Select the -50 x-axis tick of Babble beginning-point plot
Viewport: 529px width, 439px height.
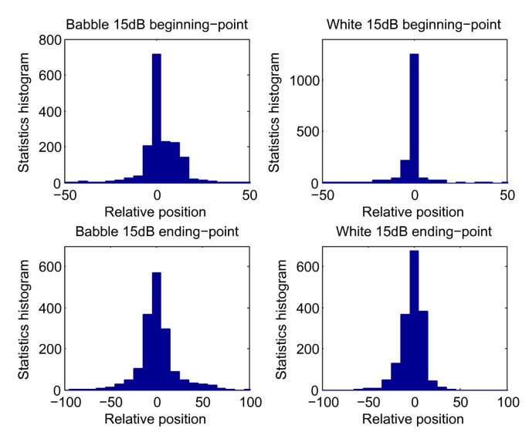pos(64,196)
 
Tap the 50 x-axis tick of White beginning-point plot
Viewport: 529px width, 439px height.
pos(507,196)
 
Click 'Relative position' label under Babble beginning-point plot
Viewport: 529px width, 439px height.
pos(157,211)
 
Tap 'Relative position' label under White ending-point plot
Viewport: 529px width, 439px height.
pos(414,419)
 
